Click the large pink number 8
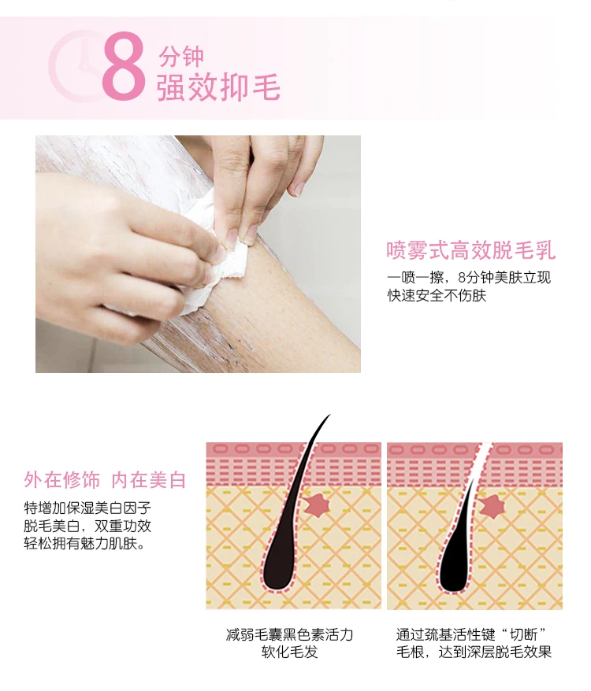tap(124, 66)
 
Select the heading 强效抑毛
tap(218, 87)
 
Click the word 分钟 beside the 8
tap(181, 57)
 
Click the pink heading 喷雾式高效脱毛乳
tap(470, 249)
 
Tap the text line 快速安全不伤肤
tap(437, 295)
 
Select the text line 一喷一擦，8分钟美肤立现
tap(469, 277)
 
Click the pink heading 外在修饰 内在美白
tap(105, 480)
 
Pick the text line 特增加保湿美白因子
tap(87, 508)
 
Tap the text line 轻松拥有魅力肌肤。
tap(84, 543)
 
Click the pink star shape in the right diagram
tap(492, 505)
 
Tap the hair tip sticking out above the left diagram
tap(329, 415)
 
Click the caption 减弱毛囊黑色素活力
tap(289, 634)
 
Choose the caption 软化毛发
tap(289, 652)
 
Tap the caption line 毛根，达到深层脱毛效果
tap(474, 652)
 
